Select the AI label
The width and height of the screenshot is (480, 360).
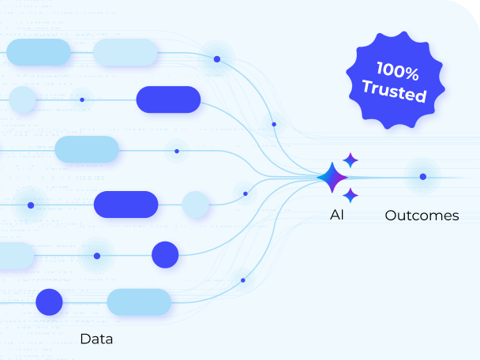[337, 215]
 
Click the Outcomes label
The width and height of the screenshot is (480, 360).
[422, 216]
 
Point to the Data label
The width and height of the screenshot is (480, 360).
[96, 339]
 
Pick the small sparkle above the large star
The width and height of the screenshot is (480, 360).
[351, 160]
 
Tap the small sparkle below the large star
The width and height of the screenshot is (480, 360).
[351, 195]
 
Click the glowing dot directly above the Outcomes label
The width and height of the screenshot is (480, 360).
[423, 176]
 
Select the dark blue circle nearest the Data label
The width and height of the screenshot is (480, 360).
[49, 302]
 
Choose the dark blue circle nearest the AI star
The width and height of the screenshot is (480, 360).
[165, 255]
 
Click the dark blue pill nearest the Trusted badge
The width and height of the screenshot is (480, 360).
[168, 99]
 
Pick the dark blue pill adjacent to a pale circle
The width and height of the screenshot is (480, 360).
[126, 204]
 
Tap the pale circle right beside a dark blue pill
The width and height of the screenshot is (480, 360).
[195, 204]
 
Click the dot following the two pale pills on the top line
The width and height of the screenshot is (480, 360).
[216, 58]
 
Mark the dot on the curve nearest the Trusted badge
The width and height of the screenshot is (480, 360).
[274, 124]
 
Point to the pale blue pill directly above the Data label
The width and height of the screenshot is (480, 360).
[139, 302]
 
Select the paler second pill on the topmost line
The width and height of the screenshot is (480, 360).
[125, 53]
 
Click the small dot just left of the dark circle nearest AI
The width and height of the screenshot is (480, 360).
[97, 256]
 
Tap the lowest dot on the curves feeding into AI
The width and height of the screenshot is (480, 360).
[242, 280]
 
